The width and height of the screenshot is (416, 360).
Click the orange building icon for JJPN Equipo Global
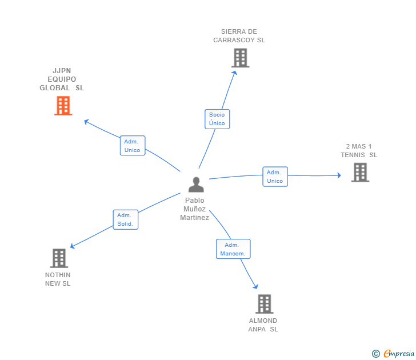pos(63,105)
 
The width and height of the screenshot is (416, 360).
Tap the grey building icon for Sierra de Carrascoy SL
pos(241,58)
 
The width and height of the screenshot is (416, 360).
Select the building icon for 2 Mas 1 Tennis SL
pos(359,172)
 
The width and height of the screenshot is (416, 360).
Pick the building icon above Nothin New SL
pos(59,258)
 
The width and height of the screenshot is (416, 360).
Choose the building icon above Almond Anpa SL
pos(263,304)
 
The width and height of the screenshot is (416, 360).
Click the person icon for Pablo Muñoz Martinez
pos(196,185)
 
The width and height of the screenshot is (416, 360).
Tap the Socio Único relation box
pos(217,119)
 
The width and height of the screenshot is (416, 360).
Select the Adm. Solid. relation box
pos(125,219)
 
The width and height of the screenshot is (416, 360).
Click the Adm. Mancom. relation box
pos(233,249)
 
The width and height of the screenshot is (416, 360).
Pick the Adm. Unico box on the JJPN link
pos(133,146)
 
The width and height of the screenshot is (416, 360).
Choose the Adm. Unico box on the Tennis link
pos(275,177)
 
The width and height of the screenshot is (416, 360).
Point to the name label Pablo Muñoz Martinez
pos(195,209)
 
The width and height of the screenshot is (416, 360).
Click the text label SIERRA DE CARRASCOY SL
pos(239,36)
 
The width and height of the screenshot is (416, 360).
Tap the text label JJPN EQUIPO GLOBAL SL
pos(62,79)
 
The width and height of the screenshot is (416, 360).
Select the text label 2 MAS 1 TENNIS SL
pos(359,151)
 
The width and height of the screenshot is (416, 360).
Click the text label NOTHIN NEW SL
pos(58,279)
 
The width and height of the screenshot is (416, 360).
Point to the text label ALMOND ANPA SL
pos(263,325)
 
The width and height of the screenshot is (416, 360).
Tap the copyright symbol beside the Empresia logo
pos(375,354)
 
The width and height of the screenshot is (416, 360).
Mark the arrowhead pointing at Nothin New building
pos(73,246)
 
